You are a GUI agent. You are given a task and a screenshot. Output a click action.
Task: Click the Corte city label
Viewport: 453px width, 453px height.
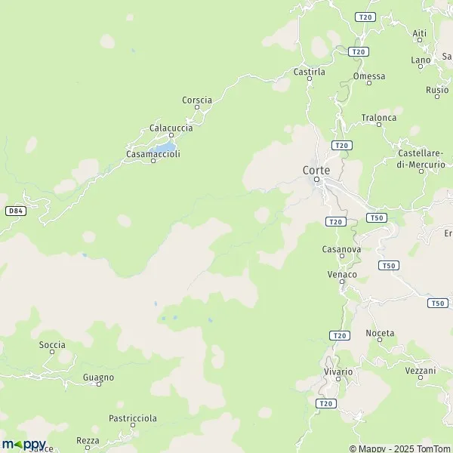click(316, 171)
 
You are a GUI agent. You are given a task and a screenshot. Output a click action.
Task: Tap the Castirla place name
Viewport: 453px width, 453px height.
click(309, 72)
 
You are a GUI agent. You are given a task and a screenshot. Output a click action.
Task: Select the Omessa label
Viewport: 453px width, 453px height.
click(368, 76)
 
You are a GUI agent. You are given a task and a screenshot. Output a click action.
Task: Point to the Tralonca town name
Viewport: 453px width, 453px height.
click(378, 118)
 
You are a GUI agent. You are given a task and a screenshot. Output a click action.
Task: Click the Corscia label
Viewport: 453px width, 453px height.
click(197, 100)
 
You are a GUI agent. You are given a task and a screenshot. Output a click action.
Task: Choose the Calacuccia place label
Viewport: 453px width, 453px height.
click(171, 128)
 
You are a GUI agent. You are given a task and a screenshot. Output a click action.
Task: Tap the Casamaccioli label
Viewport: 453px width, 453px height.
click(153, 154)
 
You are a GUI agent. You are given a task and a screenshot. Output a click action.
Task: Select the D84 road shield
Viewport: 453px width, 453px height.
click(15, 211)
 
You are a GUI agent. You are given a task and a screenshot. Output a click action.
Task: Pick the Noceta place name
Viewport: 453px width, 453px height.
click(380, 333)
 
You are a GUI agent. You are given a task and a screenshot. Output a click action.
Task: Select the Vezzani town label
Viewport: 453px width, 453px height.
click(421, 371)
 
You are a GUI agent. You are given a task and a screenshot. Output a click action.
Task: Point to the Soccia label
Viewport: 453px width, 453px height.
click(52, 345)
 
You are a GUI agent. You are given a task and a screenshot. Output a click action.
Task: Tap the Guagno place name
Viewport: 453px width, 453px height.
click(99, 377)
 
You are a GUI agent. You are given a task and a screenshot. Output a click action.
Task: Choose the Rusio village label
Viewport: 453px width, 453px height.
click(437, 90)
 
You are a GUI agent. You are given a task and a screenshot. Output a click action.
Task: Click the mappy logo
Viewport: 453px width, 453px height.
click(23, 444)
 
